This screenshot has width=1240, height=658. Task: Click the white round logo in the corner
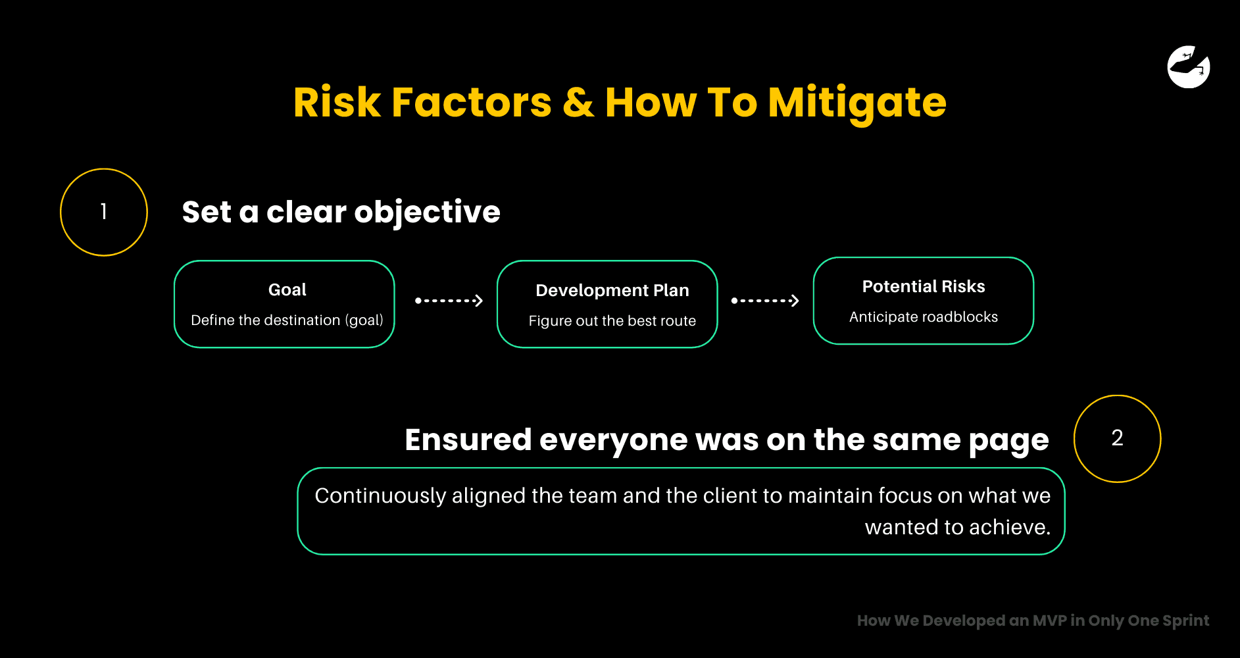(1188, 66)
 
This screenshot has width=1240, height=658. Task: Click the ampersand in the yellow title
(578, 103)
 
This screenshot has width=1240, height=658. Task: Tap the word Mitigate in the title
(856, 103)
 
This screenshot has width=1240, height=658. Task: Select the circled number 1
(104, 212)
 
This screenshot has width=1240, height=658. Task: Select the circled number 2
(1117, 438)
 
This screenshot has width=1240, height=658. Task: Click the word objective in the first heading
(427, 212)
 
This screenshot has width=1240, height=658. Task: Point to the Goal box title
(287, 290)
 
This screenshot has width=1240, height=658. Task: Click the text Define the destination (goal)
(287, 320)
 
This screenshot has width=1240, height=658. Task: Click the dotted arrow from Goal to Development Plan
(449, 301)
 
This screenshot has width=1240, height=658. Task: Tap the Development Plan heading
(612, 291)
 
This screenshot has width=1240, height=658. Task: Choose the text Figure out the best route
(612, 321)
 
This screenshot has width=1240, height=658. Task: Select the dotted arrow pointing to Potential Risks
(765, 301)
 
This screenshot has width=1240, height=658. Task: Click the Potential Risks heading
(923, 287)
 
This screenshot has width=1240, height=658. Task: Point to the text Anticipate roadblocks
(923, 317)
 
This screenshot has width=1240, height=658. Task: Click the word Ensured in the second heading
(468, 440)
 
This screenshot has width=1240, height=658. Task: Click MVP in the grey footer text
(1049, 620)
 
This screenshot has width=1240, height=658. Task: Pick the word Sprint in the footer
(1185, 621)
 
